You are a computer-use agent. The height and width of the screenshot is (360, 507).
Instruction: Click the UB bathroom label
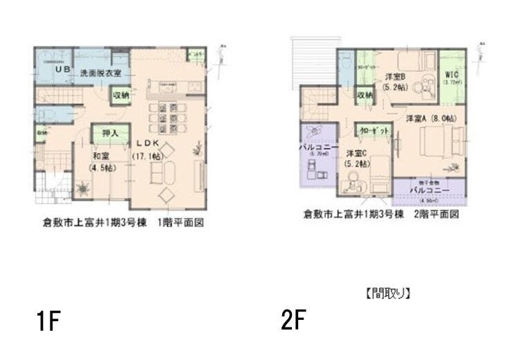tap(62, 70)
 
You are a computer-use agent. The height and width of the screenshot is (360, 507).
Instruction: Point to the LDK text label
tap(154, 143)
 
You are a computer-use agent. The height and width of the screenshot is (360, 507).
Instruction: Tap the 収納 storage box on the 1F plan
tap(120, 95)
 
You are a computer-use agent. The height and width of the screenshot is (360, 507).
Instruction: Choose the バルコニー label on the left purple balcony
tap(317, 147)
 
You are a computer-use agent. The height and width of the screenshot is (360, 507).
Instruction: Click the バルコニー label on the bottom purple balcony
tap(430, 190)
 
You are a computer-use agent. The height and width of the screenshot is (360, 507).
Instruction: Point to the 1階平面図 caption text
tap(181, 224)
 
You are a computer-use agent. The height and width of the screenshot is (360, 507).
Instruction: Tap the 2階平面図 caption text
tap(436, 215)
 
